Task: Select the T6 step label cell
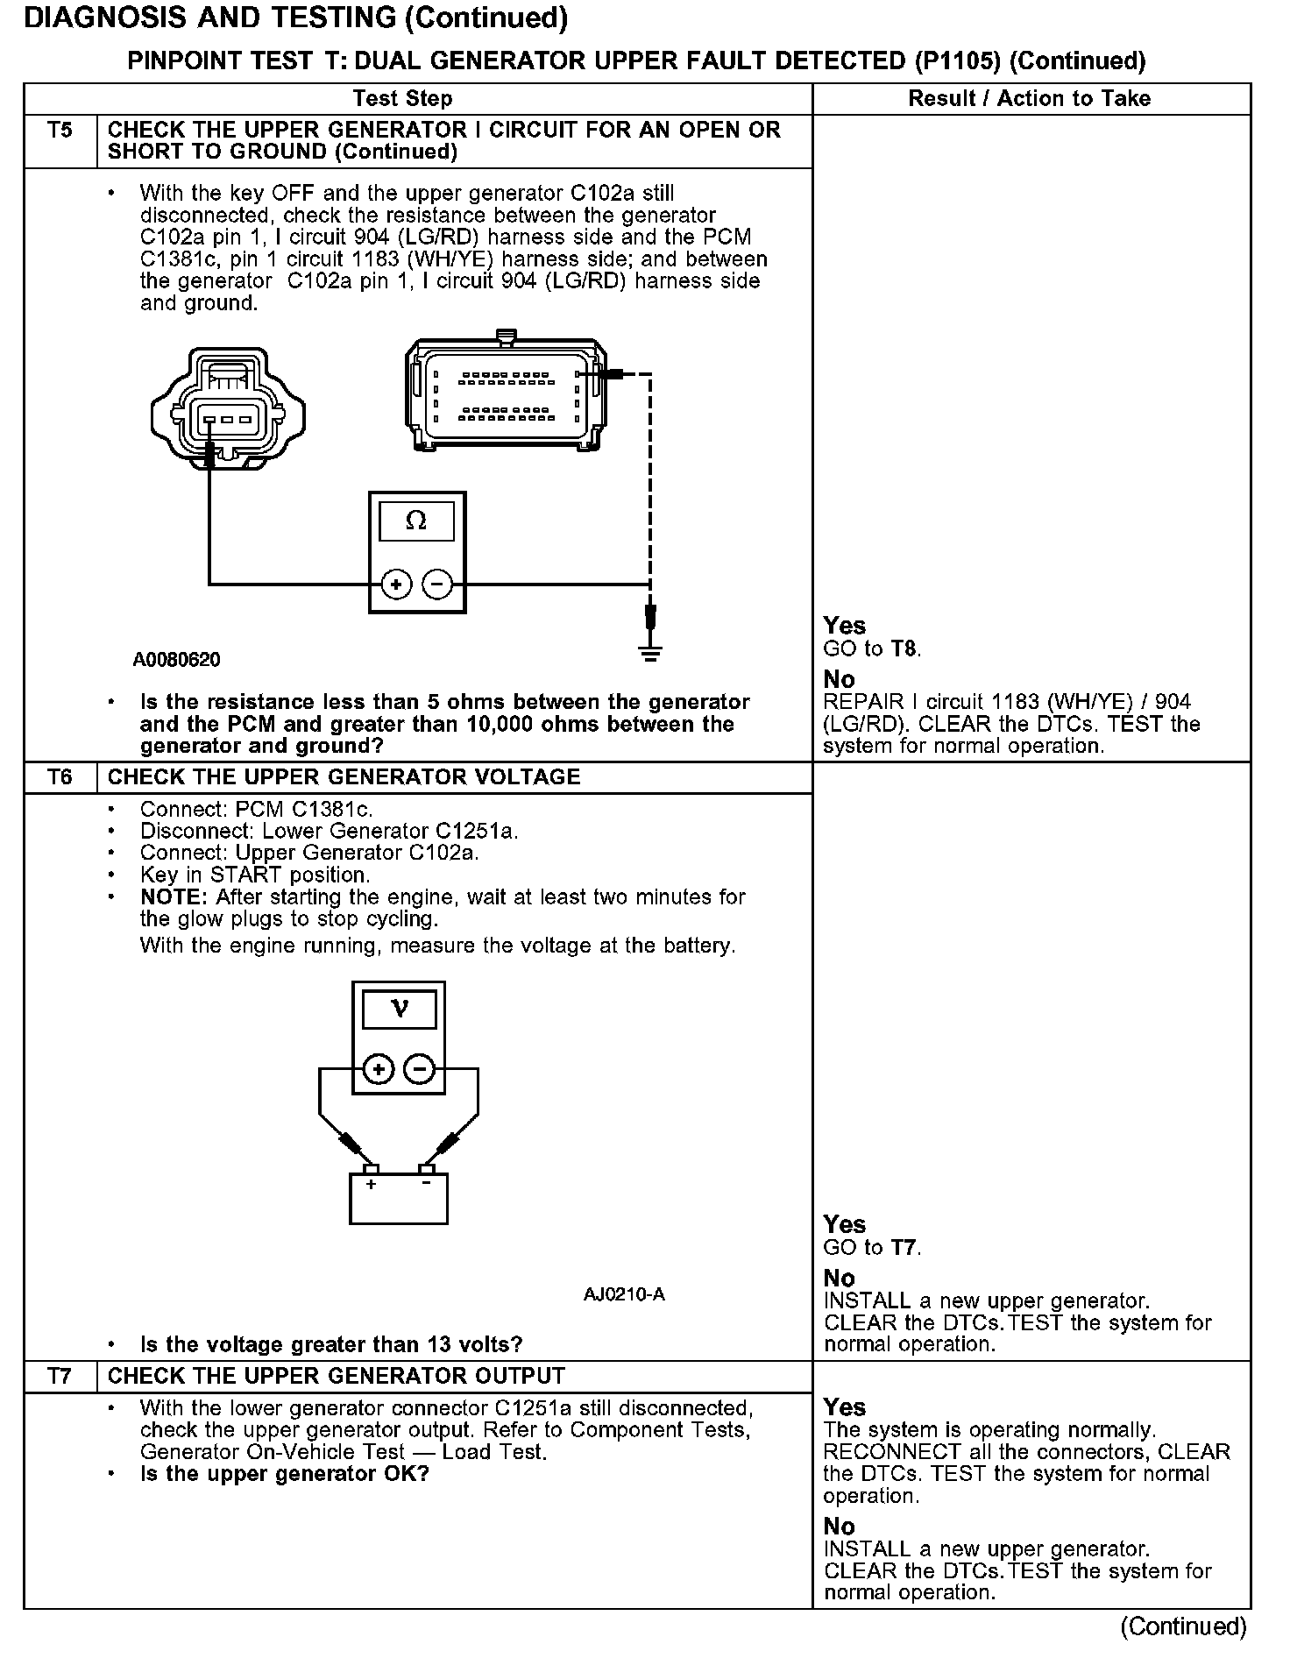click(x=60, y=777)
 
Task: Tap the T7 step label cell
click(x=60, y=1376)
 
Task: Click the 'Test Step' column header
click(x=403, y=99)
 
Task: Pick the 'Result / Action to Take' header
click(x=1030, y=99)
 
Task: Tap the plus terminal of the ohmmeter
click(x=396, y=584)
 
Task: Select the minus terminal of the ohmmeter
click(x=437, y=584)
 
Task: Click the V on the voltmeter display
click(x=399, y=1009)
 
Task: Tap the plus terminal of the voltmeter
click(x=379, y=1069)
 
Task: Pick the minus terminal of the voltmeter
click(x=419, y=1069)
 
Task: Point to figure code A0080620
click(x=177, y=660)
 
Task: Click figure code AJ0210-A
click(x=624, y=1294)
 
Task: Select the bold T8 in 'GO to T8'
click(x=904, y=649)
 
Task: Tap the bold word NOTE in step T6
click(x=174, y=897)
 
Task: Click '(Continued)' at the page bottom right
click(x=1183, y=1626)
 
